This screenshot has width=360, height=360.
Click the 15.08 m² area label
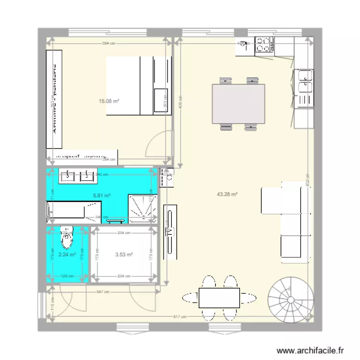click(109, 101)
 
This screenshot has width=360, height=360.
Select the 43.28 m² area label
click(228, 194)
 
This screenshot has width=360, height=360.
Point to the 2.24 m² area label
click(67, 254)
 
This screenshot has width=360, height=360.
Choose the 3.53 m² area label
click(124, 254)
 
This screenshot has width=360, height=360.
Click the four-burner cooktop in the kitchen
click(264, 45)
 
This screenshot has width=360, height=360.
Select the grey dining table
click(239, 103)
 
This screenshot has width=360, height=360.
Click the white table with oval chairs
click(219, 298)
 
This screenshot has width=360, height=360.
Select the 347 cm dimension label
click(101, 292)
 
